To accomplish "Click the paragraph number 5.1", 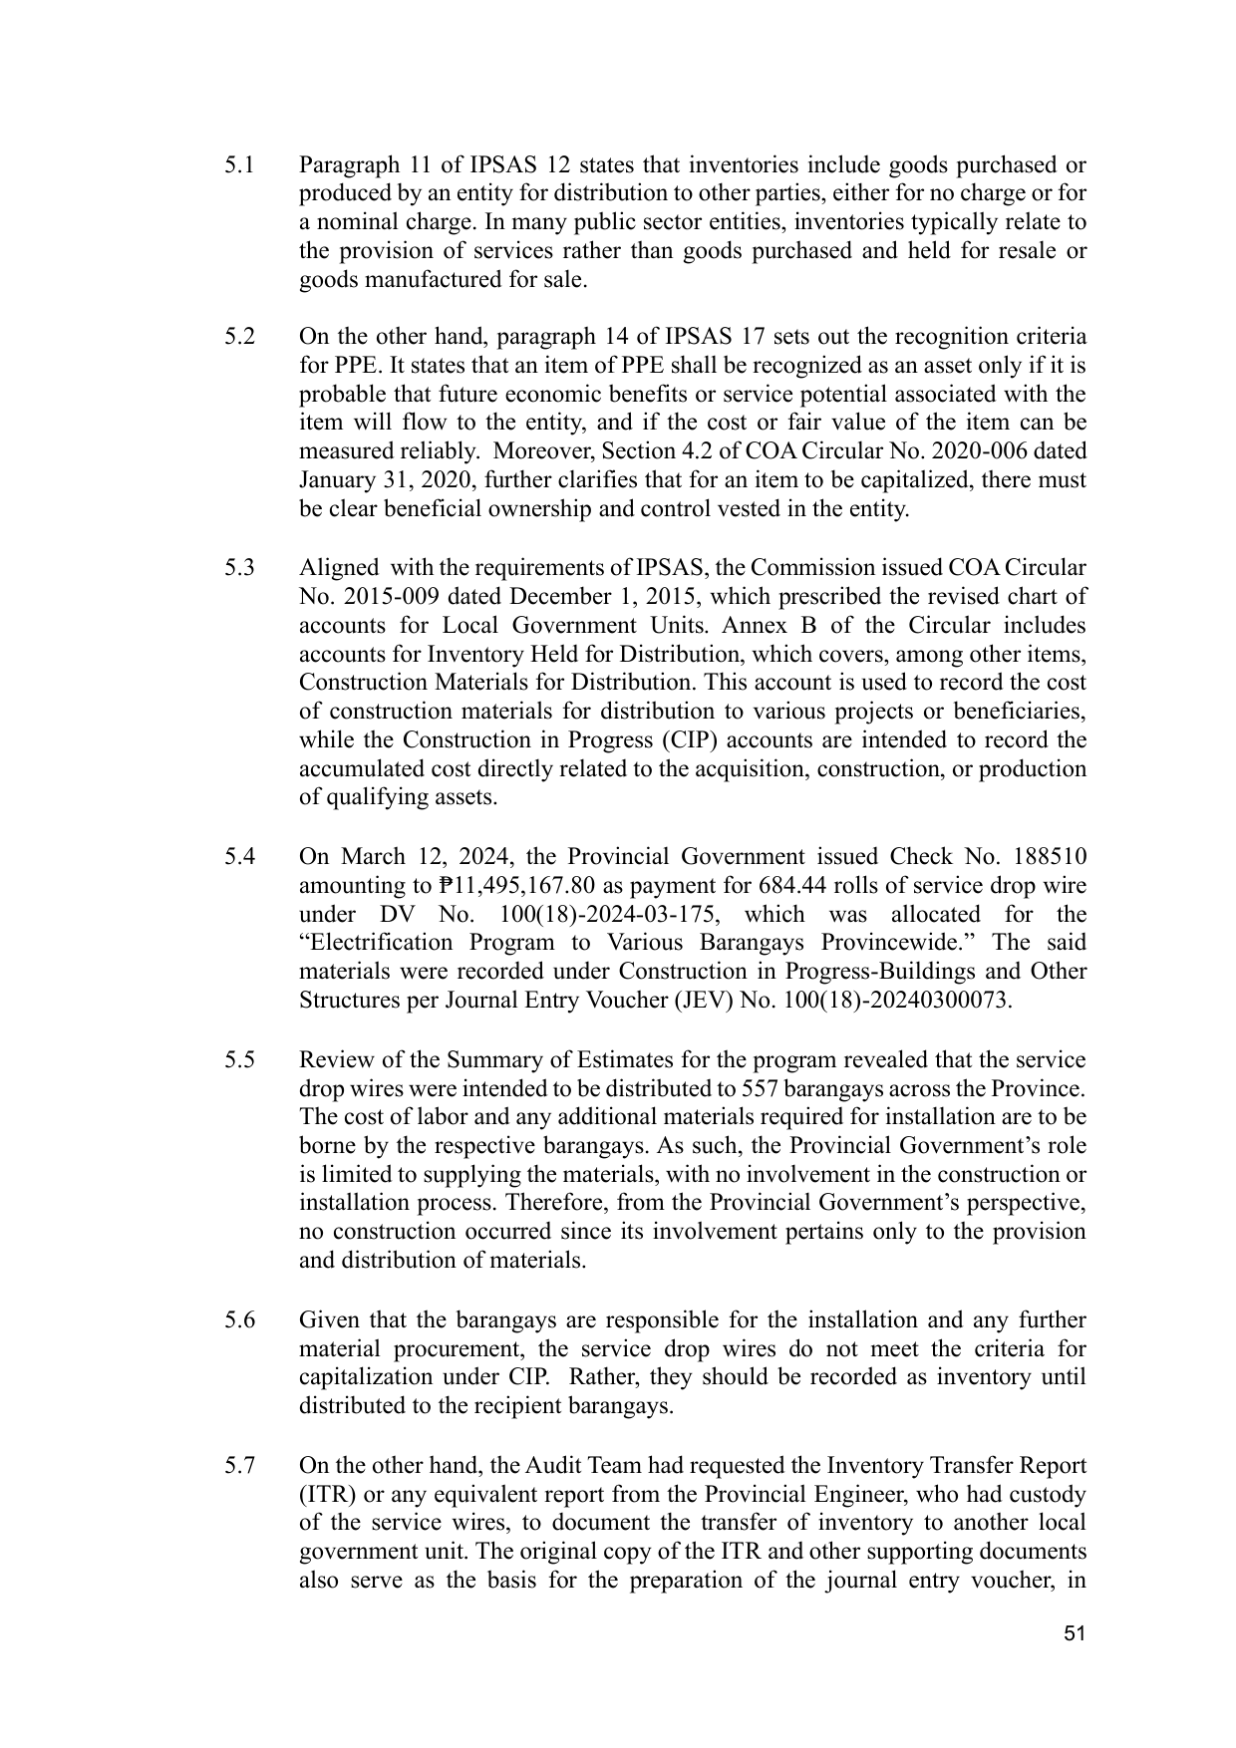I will click(x=239, y=164).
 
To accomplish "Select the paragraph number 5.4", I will click(x=239, y=857).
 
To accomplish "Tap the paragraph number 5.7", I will click(x=239, y=1466).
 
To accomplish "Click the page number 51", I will click(x=1074, y=1633).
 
